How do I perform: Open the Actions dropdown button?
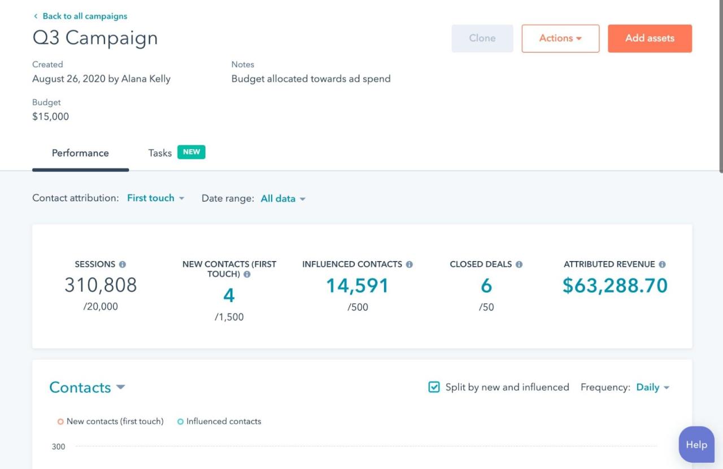point(560,38)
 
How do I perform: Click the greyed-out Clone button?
point(482,38)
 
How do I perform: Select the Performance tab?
point(80,153)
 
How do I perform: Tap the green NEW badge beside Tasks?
point(191,152)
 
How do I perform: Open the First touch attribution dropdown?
point(155,198)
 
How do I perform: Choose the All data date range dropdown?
point(282,199)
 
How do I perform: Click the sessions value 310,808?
point(101,285)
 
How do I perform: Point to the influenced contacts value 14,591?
point(357,286)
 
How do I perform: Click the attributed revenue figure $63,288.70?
point(615,286)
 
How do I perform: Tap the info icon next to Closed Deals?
point(519,264)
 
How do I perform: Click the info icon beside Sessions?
point(123,264)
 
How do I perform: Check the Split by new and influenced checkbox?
point(434,387)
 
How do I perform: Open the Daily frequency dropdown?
point(652,388)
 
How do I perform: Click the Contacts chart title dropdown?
point(87,388)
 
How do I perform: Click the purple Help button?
point(696,445)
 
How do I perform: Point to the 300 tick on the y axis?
point(59,447)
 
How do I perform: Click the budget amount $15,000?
point(51,117)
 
